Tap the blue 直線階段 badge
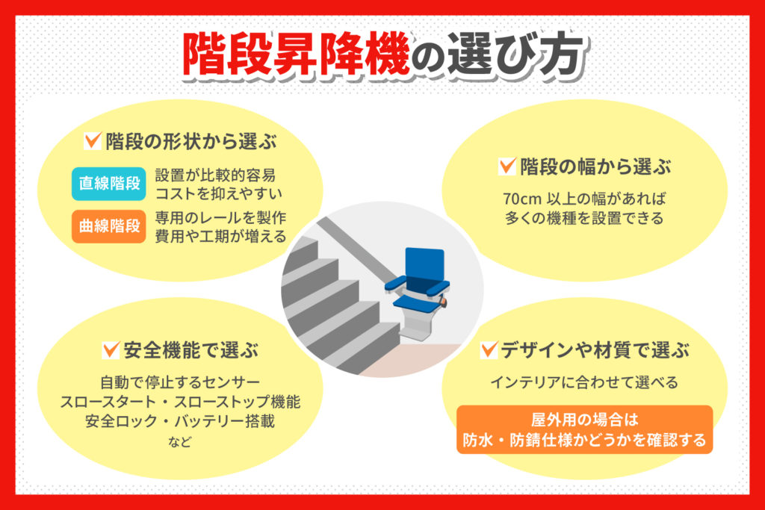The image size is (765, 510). (109, 184)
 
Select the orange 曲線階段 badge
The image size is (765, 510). (109, 226)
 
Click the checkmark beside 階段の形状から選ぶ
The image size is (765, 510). (93, 140)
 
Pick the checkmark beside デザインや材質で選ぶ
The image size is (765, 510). (489, 349)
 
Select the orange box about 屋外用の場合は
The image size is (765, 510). (584, 429)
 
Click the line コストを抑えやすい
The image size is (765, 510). (219, 194)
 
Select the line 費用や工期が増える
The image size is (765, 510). (220, 237)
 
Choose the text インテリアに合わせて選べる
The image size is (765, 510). (584, 383)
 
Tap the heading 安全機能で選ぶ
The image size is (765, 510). (190, 349)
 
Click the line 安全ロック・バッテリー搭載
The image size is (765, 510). (180, 421)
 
